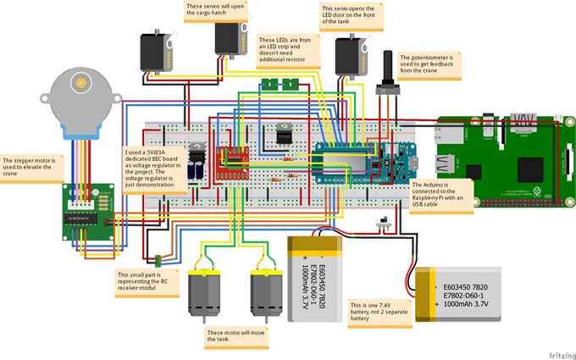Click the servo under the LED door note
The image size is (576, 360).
(349, 56)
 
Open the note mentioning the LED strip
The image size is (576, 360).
(289, 51)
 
